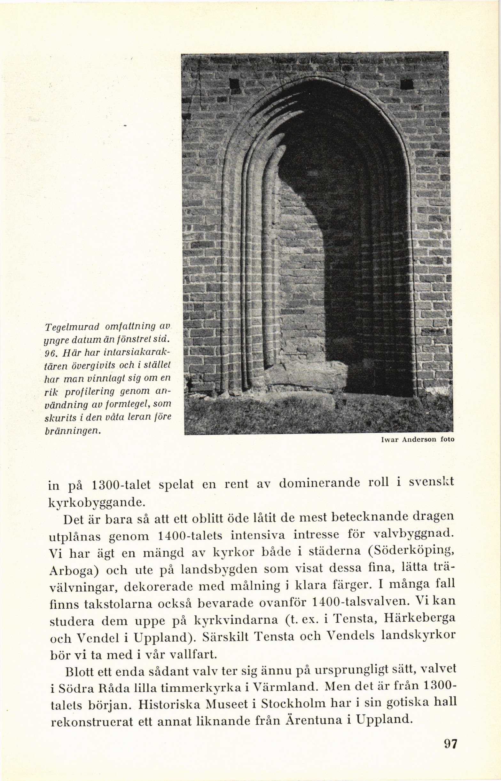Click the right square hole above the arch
pos(407,85)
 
